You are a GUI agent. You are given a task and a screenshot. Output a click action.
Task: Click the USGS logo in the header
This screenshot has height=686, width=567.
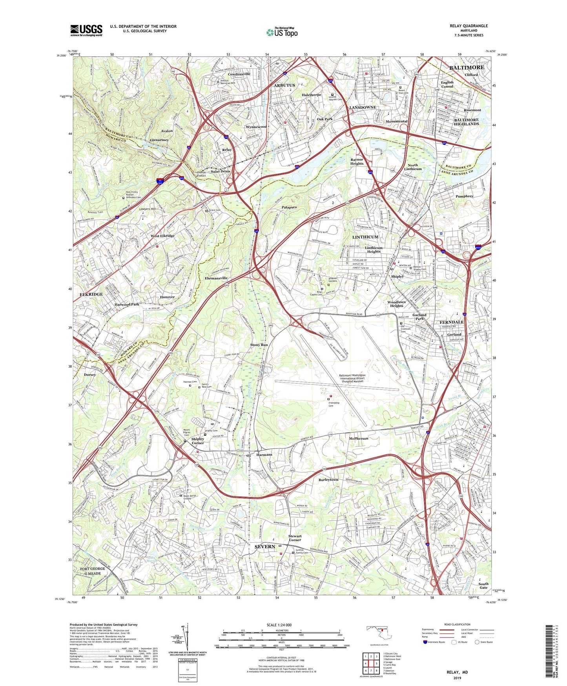tap(86, 30)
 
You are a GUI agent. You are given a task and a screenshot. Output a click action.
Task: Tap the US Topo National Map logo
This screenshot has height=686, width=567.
tap(282, 32)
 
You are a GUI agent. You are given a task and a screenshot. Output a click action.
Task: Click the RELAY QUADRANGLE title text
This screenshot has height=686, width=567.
tap(469, 26)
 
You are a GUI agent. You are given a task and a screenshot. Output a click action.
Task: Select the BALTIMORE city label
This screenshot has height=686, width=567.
tap(467, 67)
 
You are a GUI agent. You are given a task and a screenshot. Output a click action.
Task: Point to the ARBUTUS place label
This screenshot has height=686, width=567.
tap(284, 85)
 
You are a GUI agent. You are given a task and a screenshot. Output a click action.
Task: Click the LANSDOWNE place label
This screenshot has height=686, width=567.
tap(363, 107)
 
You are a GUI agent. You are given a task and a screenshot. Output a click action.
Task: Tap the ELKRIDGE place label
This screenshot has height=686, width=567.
tap(91, 294)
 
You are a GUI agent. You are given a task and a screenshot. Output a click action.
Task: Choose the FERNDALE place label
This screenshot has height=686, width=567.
tap(452, 322)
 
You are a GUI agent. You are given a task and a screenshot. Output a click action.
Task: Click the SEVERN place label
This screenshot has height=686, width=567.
tap(265, 547)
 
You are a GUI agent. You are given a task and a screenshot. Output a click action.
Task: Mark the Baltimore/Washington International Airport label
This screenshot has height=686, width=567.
tap(352, 378)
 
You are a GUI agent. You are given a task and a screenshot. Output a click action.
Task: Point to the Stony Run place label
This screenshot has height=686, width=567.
tap(259, 345)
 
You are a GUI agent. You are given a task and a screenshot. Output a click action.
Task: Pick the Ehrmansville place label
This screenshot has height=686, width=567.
tap(216, 278)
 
